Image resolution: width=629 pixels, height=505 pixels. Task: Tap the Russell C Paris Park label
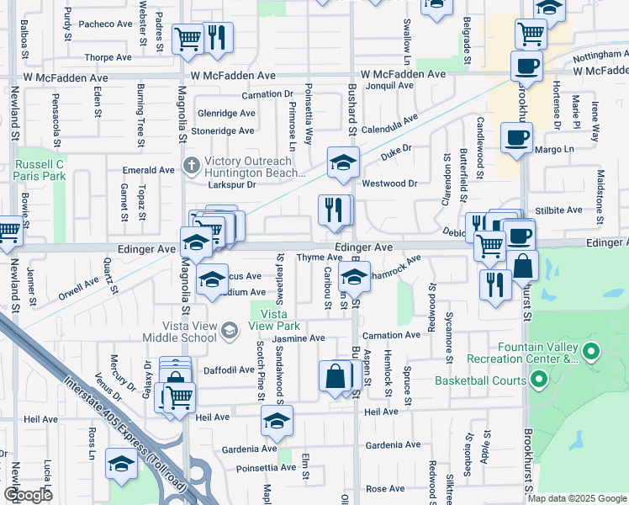[40, 170]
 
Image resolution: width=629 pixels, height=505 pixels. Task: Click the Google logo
[28, 494]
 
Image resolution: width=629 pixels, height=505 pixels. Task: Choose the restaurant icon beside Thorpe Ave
[217, 39]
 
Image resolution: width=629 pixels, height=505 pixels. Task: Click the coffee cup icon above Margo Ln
[515, 136]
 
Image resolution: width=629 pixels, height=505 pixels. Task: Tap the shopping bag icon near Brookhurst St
[522, 268]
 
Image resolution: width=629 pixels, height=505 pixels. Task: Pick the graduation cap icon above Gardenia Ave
[275, 422]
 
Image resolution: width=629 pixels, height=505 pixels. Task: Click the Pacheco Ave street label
[106, 24]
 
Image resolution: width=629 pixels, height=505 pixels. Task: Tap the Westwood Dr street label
[389, 183]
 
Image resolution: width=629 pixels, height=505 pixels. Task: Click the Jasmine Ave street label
[300, 338]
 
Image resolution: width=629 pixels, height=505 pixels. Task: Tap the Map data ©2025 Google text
[576, 498]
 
